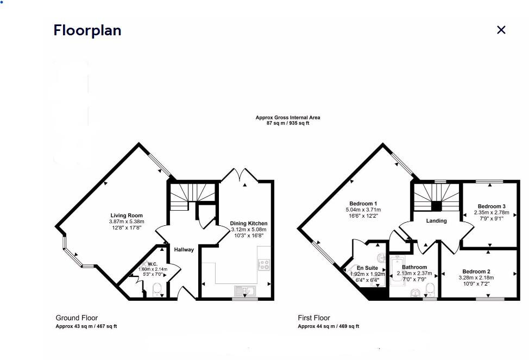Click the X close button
coord(501,30)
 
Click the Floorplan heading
coord(87,30)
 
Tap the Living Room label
coord(127,216)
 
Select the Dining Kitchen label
coord(249,223)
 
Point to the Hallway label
coord(184,250)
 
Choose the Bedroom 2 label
coord(476,271)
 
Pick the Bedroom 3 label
coord(492,206)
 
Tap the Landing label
coord(436,221)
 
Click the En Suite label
coord(367,268)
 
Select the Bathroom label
coord(414,267)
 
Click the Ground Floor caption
coord(77,318)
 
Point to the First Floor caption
coord(314,318)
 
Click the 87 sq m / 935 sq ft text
coord(288,123)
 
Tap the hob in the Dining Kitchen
coord(264,265)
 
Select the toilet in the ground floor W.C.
coord(157,292)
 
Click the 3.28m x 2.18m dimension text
coord(476,278)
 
